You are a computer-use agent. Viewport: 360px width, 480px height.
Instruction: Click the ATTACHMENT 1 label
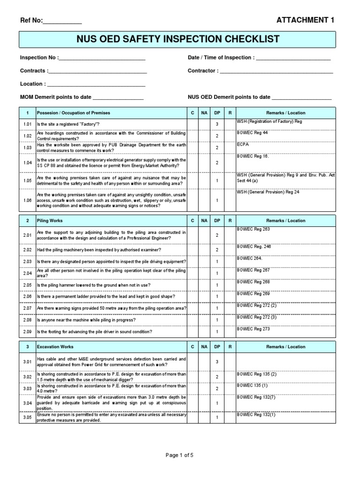pyautogui.click(x=306, y=20)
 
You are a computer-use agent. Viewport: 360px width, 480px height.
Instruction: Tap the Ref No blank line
pyautogui.click(x=62, y=21)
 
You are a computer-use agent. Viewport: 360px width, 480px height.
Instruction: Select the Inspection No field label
pyautogui.click(x=39, y=58)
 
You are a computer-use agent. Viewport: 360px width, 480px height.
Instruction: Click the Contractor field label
pyautogui.click(x=203, y=71)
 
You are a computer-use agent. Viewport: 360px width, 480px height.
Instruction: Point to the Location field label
pyautogui.click(x=33, y=84)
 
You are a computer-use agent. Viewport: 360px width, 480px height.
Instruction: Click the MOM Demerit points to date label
pyautogui.click(x=56, y=97)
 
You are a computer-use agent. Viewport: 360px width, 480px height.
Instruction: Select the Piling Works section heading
pyautogui.click(x=50, y=220)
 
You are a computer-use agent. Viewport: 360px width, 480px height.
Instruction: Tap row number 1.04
pyautogui.click(x=28, y=162)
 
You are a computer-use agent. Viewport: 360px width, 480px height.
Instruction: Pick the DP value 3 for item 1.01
pyautogui.click(x=217, y=124)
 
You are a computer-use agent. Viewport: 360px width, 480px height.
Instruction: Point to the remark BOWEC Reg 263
pyautogui.click(x=254, y=229)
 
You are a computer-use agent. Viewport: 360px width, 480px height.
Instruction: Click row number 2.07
pyautogui.click(x=28, y=308)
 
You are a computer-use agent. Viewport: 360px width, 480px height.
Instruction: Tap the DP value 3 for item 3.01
pyautogui.click(x=217, y=362)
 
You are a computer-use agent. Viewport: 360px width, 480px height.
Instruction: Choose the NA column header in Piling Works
pyautogui.click(x=204, y=220)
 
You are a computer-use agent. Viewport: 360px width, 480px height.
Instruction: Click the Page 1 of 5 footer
pyautogui.click(x=180, y=455)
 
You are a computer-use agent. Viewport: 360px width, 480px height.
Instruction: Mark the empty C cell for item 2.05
pyautogui.click(x=192, y=285)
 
